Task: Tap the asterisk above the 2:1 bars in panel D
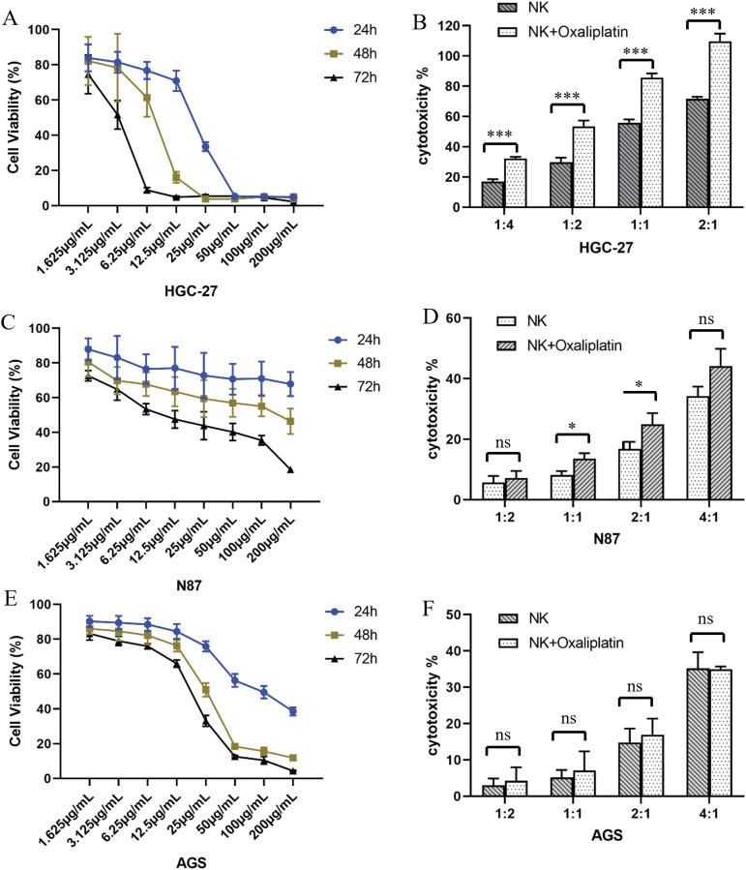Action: coord(639,385)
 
